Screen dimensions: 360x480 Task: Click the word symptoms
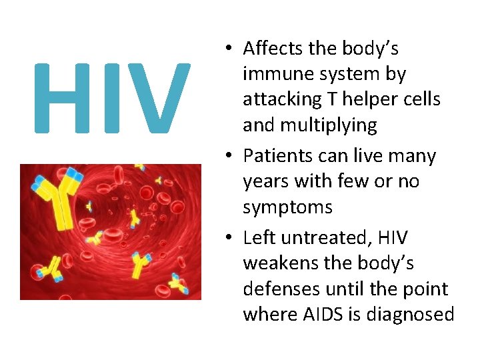pos(287,208)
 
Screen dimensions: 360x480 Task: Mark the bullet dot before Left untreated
pos(229,239)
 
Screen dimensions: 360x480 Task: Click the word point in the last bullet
pos(424,289)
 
